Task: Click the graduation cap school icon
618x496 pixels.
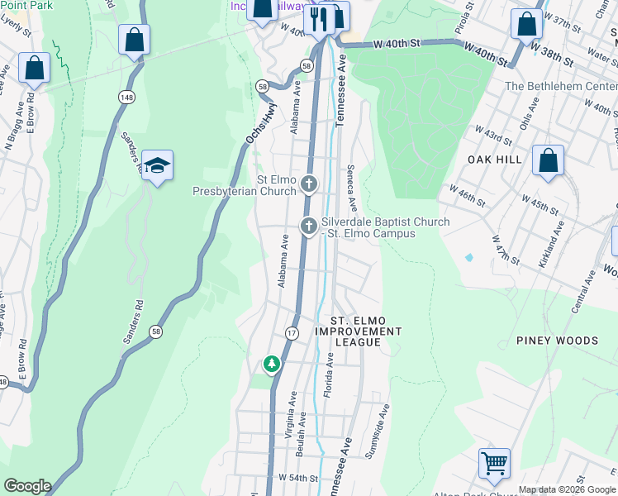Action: click(x=156, y=165)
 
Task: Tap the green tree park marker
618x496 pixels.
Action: click(x=271, y=363)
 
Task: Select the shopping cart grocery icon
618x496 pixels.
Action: click(x=494, y=463)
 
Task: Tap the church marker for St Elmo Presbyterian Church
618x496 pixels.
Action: click(x=309, y=184)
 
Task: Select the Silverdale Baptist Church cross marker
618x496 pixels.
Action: click(x=309, y=226)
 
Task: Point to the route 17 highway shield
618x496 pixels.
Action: click(x=292, y=332)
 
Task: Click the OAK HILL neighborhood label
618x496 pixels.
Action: click(x=495, y=160)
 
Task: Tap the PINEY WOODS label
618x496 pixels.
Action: click(x=557, y=341)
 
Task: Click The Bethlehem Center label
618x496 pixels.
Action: click(x=560, y=86)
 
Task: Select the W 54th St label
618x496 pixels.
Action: click(x=298, y=479)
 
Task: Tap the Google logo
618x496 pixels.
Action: click(x=26, y=486)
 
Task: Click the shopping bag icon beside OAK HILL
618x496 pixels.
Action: click(x=548, y=161)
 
